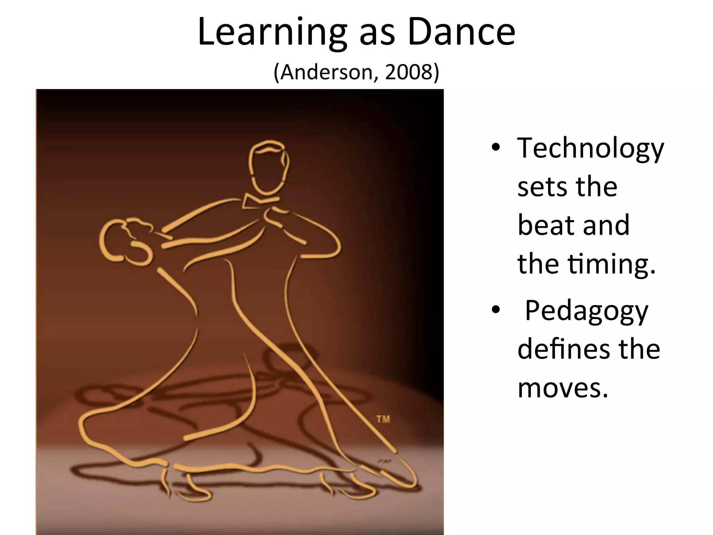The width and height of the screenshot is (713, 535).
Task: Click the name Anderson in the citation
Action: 327,72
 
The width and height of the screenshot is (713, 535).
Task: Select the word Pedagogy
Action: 586,311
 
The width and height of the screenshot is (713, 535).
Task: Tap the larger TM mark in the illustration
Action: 383,419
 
